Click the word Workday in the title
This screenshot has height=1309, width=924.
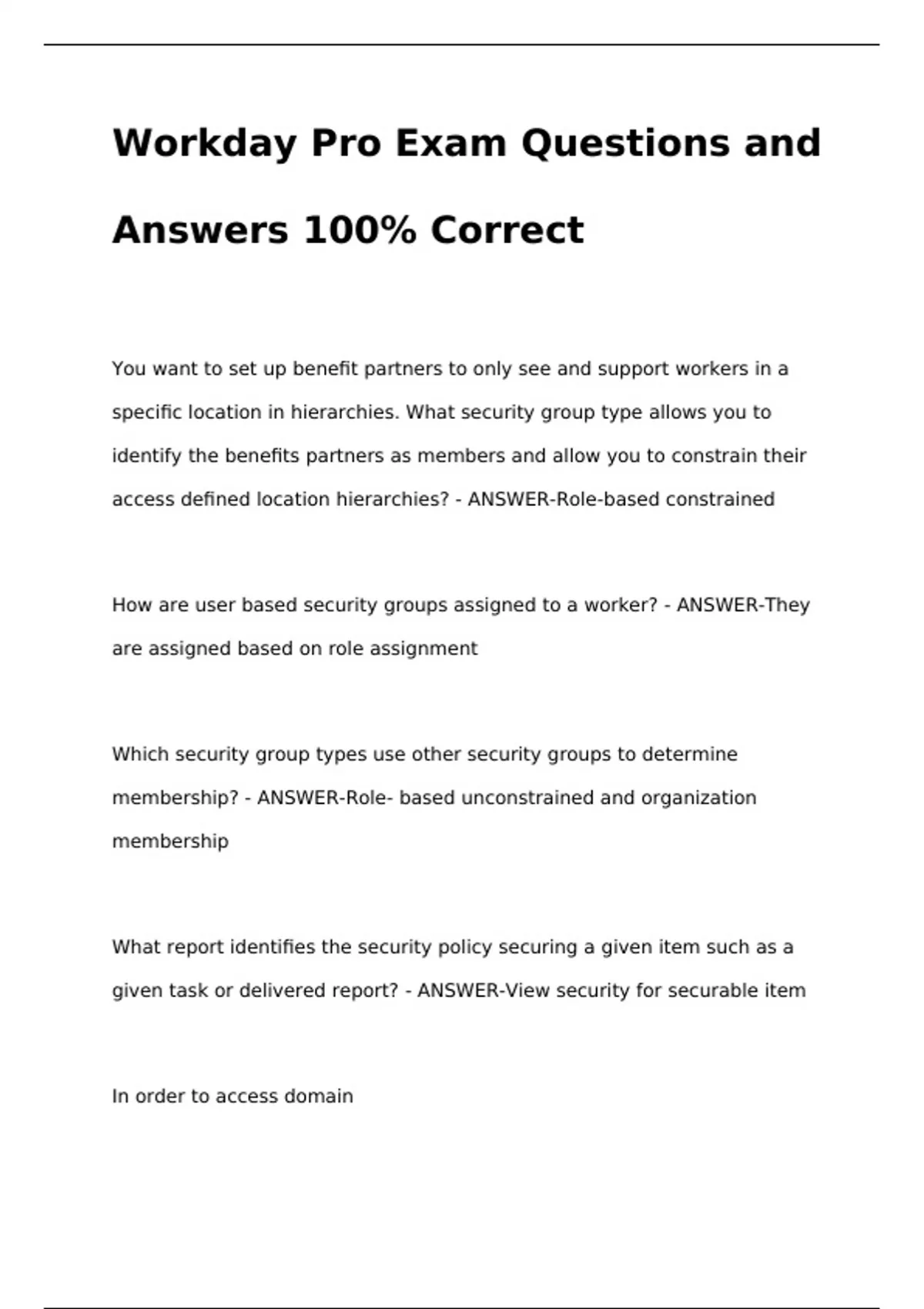pos(203,144)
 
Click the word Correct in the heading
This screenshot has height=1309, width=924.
pos(507,230)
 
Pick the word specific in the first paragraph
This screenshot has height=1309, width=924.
pos(148,413)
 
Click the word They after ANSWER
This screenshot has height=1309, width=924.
pos(787,605)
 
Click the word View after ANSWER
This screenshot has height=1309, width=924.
pos(527,991)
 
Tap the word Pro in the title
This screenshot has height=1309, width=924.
pos(346,144)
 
